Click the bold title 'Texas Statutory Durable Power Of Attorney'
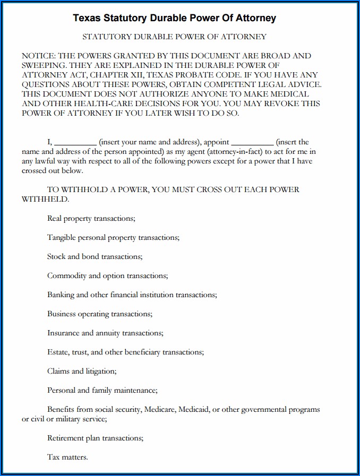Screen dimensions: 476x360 pos(174,18)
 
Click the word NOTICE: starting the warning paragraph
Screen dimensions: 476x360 pos(38,56)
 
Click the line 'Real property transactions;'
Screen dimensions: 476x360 pos(91,218)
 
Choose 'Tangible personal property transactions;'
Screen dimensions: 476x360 pos(113,237)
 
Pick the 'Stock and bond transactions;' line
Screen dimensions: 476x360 pos(95,256)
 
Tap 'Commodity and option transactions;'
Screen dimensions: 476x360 pos(107,275)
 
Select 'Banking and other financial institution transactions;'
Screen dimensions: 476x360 pos(132,295)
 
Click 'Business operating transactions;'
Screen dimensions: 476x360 pos(100,314)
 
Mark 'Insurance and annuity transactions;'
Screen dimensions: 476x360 pos(105,333)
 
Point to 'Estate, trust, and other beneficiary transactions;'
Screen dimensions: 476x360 pos(125,352)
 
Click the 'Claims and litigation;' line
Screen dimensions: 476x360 pos(82,371)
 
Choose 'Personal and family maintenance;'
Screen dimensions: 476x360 pos(102,390)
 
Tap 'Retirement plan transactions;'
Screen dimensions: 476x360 pos(95,438)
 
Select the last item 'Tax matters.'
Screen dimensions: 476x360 pos(67,457)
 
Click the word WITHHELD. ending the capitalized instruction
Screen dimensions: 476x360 pos(45,199)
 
